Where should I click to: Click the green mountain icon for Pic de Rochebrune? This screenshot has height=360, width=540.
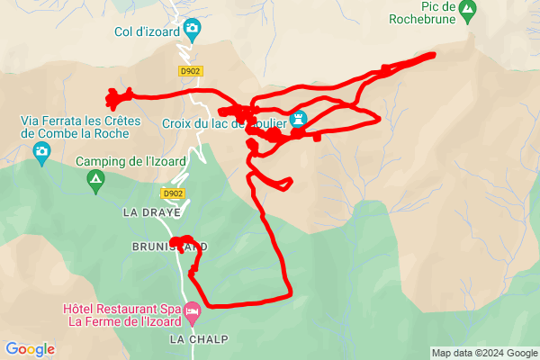[x=466, y=11]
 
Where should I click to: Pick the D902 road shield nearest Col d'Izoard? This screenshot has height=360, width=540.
[x=190, y=70]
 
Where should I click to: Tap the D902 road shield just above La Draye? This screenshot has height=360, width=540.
[x=174, y=193]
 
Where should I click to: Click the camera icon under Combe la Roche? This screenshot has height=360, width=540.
[x=40, y=152]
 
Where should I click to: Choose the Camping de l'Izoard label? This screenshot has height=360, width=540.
[x=130, y=162]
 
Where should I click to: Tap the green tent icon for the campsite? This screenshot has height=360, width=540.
[x=94, y=182]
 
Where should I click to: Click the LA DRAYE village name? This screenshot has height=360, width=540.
[x=152, y=213]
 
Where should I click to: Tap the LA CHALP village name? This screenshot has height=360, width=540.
[x=198, y=339]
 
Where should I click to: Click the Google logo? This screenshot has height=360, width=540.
[x=30, y=349]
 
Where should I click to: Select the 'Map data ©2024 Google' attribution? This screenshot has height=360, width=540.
[x=483, y=353]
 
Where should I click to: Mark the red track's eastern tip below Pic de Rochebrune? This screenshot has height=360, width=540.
[x=434, y=55]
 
